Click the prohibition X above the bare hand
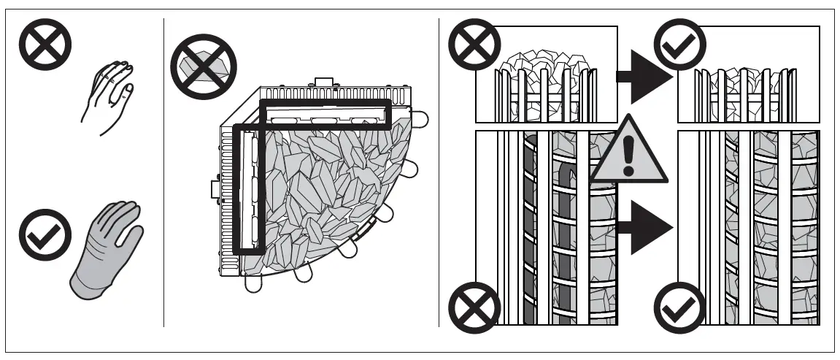45,45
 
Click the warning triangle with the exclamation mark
629,153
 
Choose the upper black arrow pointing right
643,76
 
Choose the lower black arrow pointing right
643,229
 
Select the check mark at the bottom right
680,307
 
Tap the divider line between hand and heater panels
163,175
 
